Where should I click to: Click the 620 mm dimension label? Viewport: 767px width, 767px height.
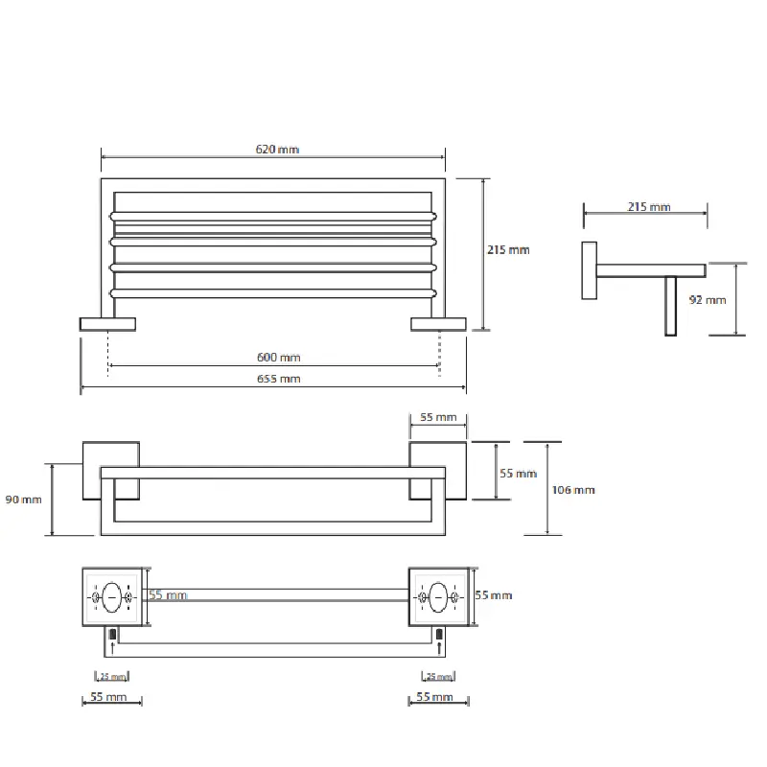pos(278,150)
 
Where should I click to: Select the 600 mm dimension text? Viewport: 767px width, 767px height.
pos(279,358)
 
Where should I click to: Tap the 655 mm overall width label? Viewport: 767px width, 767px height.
pos(279,379)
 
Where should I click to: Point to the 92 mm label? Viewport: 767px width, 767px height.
pos(708,300)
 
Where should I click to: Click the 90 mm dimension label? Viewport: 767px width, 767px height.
pos(24,500)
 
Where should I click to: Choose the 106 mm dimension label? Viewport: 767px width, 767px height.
pos(575,490)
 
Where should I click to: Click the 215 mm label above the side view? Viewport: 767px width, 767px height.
pos(649,207)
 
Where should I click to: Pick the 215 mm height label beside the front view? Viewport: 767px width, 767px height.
pos(508,250)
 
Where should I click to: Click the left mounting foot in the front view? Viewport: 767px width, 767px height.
pos(107,324)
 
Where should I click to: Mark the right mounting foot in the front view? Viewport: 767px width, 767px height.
pos(438,324)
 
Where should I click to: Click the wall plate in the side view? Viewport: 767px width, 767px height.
pos(588,270)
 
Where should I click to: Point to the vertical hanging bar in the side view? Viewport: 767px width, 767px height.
pos(671,305)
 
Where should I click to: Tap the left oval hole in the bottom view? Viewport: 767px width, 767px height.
pos(112,596)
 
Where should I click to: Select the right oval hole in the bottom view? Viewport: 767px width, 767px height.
pos(439,596)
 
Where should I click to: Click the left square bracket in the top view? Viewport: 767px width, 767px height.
pos(110,471)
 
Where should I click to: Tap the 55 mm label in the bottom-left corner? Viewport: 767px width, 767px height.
pos(110,697)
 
